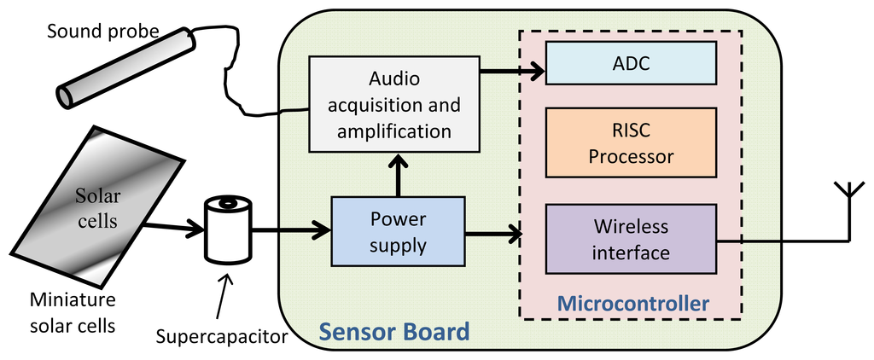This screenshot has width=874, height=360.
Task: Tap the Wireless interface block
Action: (x=630, y=240)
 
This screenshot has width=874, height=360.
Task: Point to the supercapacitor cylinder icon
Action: (x=229, y=228)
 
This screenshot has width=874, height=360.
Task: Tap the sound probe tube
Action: (x=125, y=68)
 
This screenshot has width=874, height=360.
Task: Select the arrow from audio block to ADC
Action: (x=512, y=72)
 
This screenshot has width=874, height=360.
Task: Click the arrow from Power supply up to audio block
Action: (x=399, y=175)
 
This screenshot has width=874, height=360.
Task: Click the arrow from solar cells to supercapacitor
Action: (x=175, y=229)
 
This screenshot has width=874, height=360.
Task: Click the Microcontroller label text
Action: (x=632, y=303)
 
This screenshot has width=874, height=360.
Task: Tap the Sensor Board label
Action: (x=393, y=331)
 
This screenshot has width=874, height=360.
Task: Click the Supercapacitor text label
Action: (x=222, y=335)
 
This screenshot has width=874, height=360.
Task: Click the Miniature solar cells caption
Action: (x=73, y=312)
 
